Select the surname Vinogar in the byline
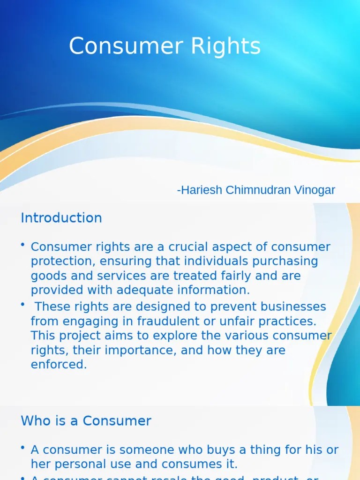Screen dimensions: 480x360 (315, 190)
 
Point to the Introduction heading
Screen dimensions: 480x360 (61, 218)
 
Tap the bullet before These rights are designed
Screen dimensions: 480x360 (23, 306)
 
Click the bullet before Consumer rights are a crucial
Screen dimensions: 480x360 (23, 245)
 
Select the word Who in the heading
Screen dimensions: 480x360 (35, 421)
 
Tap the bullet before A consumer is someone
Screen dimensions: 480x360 (23, 449)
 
